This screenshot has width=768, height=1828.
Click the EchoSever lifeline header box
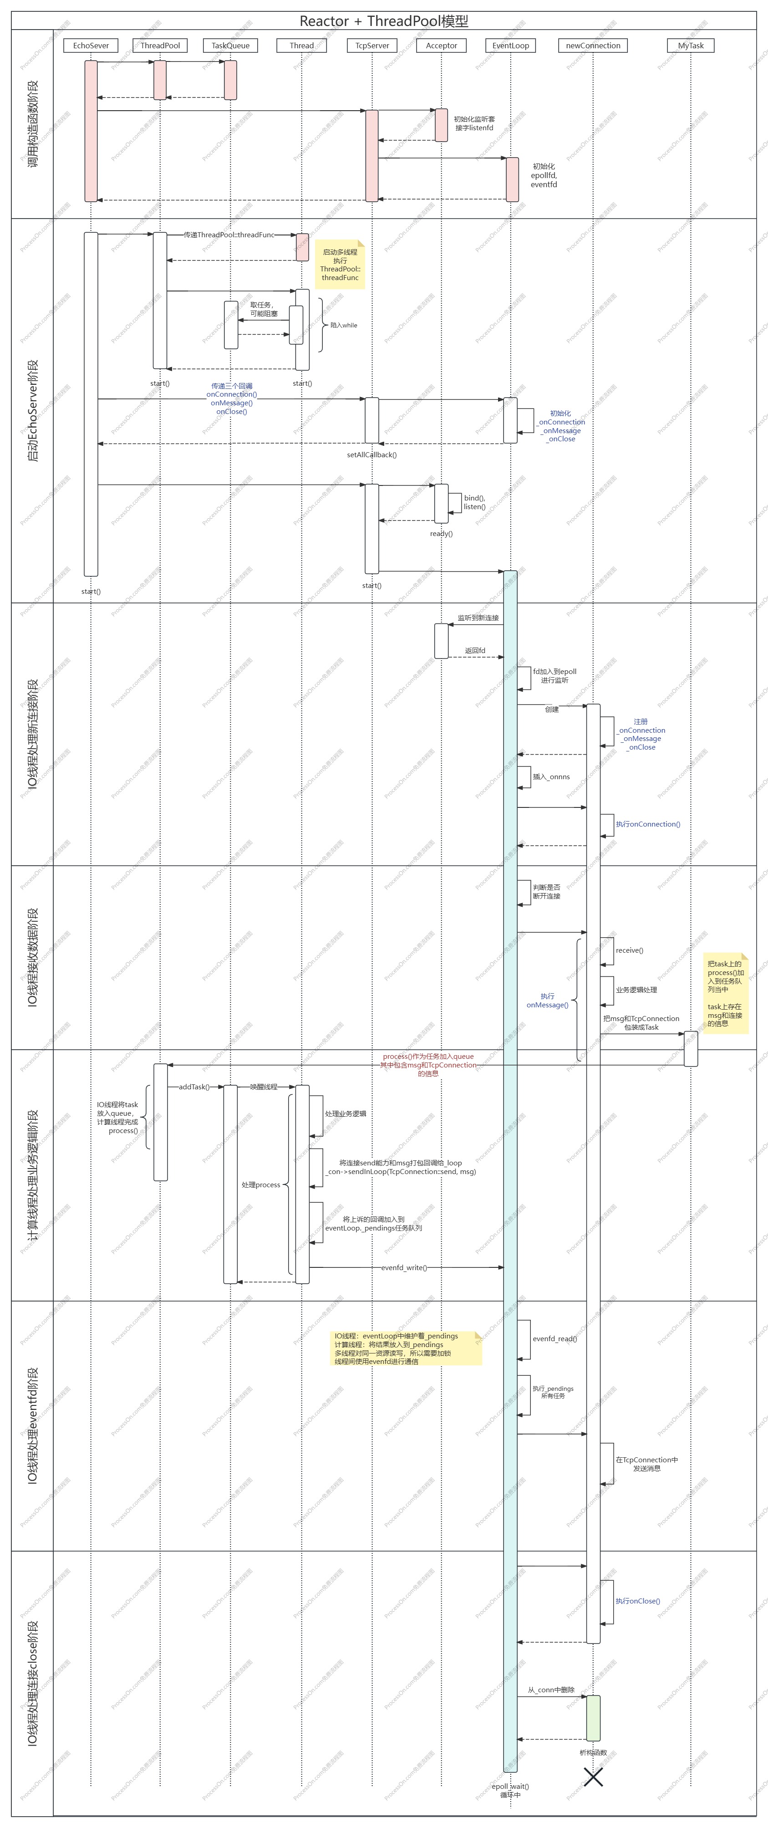91,46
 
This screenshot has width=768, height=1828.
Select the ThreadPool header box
160,46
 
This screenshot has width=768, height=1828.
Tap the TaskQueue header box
230,46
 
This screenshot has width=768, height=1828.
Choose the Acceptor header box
441,46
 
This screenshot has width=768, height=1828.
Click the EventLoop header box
511,46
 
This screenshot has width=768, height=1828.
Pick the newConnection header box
593,46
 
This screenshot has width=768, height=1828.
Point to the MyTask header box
691,46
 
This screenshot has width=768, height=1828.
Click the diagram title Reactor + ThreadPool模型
384,20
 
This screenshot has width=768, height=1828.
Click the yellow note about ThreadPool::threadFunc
341,265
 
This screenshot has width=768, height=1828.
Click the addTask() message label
193,1087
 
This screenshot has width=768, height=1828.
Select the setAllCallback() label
371,455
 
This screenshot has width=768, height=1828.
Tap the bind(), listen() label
474,502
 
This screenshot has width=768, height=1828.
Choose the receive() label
629,950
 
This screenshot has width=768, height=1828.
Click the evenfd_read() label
554,1338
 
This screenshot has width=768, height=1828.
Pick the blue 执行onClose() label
637,1601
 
